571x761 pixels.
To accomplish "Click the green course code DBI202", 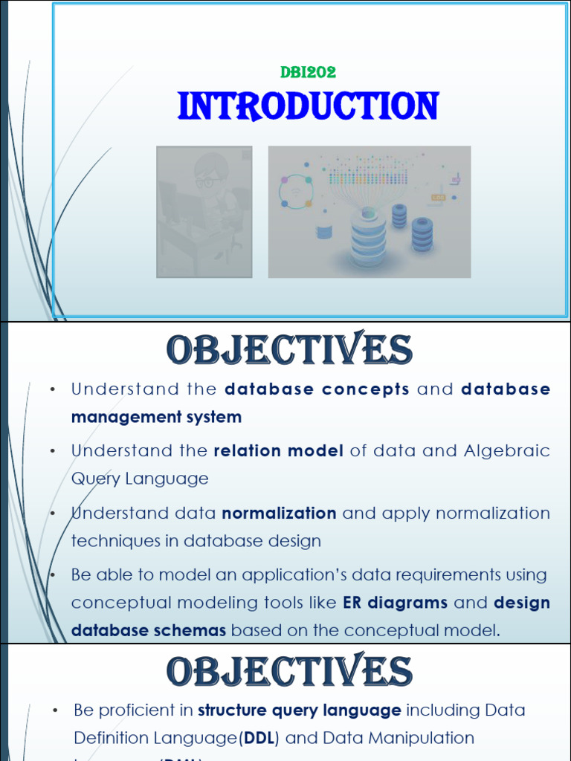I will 308,72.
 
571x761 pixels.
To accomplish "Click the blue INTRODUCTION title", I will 308,106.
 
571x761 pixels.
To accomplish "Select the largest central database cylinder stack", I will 369,238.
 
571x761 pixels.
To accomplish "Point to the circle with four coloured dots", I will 296,192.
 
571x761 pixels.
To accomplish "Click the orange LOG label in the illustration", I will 438,198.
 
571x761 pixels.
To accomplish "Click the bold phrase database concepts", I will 317,389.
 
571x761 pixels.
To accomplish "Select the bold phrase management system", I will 156,417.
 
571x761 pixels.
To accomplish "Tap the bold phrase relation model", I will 278,451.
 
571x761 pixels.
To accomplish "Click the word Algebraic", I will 507,451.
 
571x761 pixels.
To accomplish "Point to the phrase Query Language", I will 140,479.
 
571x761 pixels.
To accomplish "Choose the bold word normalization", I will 279,514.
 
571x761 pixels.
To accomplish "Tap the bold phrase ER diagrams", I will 395,603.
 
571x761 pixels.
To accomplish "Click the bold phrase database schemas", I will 149,630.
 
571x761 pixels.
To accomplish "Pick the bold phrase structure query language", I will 300,710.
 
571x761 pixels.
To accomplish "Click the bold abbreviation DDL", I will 266,738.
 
